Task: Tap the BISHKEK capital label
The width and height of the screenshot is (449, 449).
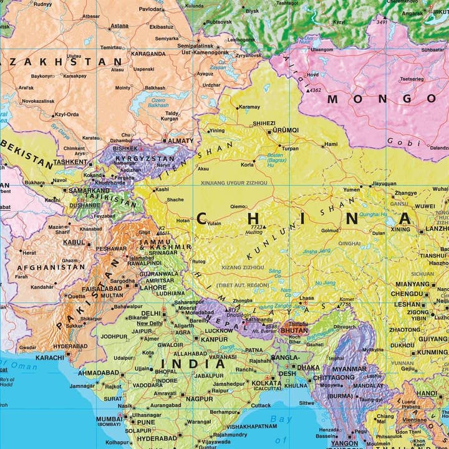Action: pyautogui.click(x=125, y=148)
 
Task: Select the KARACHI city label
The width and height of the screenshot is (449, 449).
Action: pyautogui.click(x=50, y=358)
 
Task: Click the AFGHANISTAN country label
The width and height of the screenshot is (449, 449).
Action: pyautogui.click(x=51, y=267)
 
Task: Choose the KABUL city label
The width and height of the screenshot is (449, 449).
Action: pyautogui.click(x=74, y=242)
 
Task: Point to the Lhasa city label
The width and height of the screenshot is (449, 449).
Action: pyautogui.click(x=306, y=299)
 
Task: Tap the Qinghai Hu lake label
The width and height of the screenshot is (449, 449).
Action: pyautogui.click(x=374, y=214)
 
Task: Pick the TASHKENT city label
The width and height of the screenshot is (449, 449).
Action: pyautogui.click(x=70, y=162)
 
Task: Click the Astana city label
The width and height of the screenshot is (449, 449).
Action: pyautogui.click(x=119, y=26)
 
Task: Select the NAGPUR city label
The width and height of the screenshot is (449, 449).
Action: pyautogui.click(x=199, y=398)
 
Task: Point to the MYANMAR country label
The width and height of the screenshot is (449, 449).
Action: pyautogui.click(x=349, y=369)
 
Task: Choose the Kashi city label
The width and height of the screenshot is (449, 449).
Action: pyautogui.click(x=162, y=189)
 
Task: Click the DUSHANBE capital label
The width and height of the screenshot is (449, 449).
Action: pyautogui.click(x=85, y=205)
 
